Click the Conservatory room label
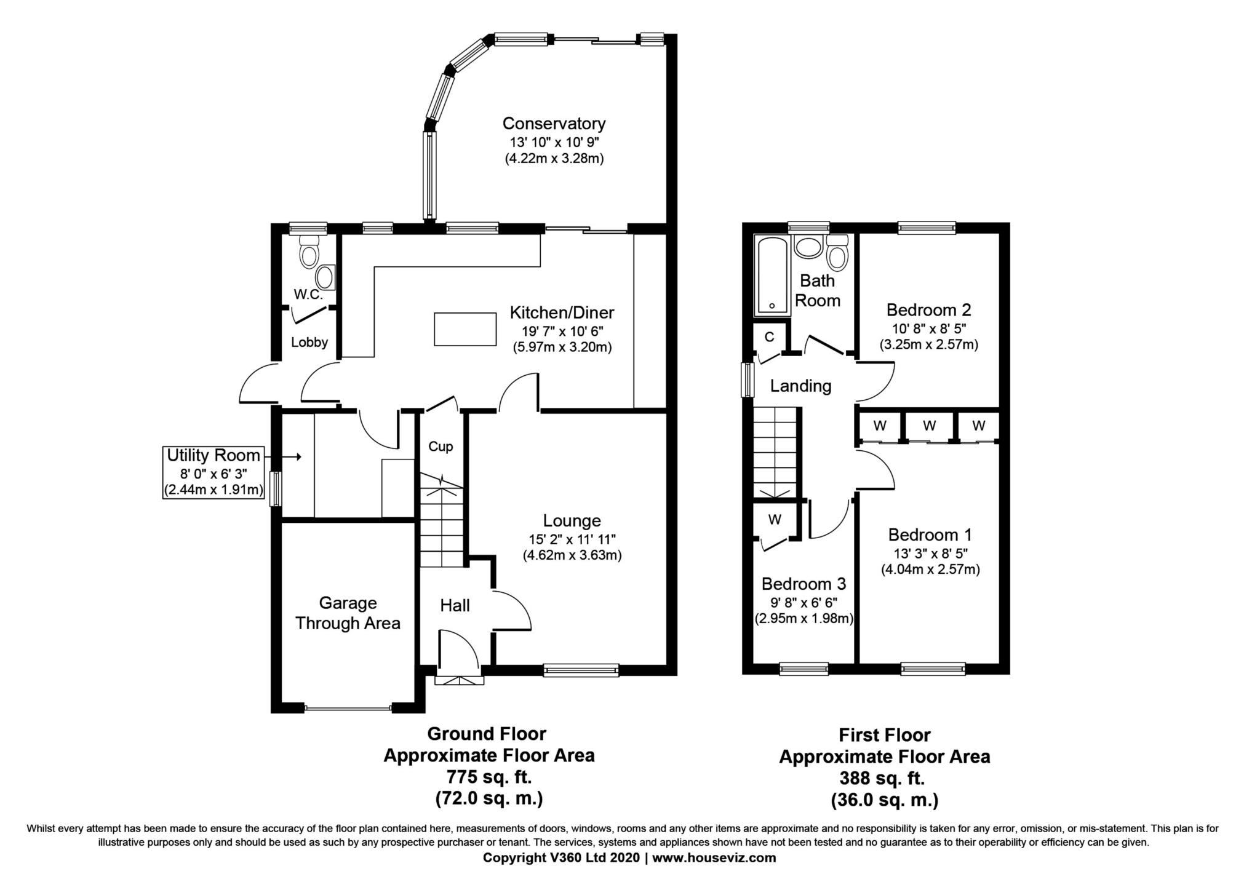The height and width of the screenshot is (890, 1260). [554, 124]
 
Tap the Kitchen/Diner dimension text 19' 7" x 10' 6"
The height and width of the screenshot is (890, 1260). [562, 331]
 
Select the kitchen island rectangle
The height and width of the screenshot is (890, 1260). [465, 329]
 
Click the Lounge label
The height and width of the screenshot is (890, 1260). [572, 521]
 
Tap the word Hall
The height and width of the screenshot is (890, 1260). [455, 606]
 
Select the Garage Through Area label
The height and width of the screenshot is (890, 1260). [348, 613]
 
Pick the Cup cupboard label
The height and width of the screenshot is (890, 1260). [441, 447]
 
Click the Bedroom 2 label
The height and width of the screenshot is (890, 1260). [928, 309]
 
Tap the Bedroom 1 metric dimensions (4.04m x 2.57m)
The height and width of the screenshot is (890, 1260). [930, 570]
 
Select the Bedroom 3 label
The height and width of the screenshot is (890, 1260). [803, 583]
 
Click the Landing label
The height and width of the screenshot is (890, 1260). [800, 386]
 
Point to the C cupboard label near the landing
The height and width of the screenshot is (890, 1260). [769, 337]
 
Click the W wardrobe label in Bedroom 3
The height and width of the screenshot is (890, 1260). [775, 520]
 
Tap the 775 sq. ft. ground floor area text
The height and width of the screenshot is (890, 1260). [489, 777]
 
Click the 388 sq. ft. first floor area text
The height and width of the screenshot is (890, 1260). [882, 778]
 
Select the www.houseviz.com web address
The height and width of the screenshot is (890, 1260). [714, 857]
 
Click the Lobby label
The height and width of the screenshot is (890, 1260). [309, 343]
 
